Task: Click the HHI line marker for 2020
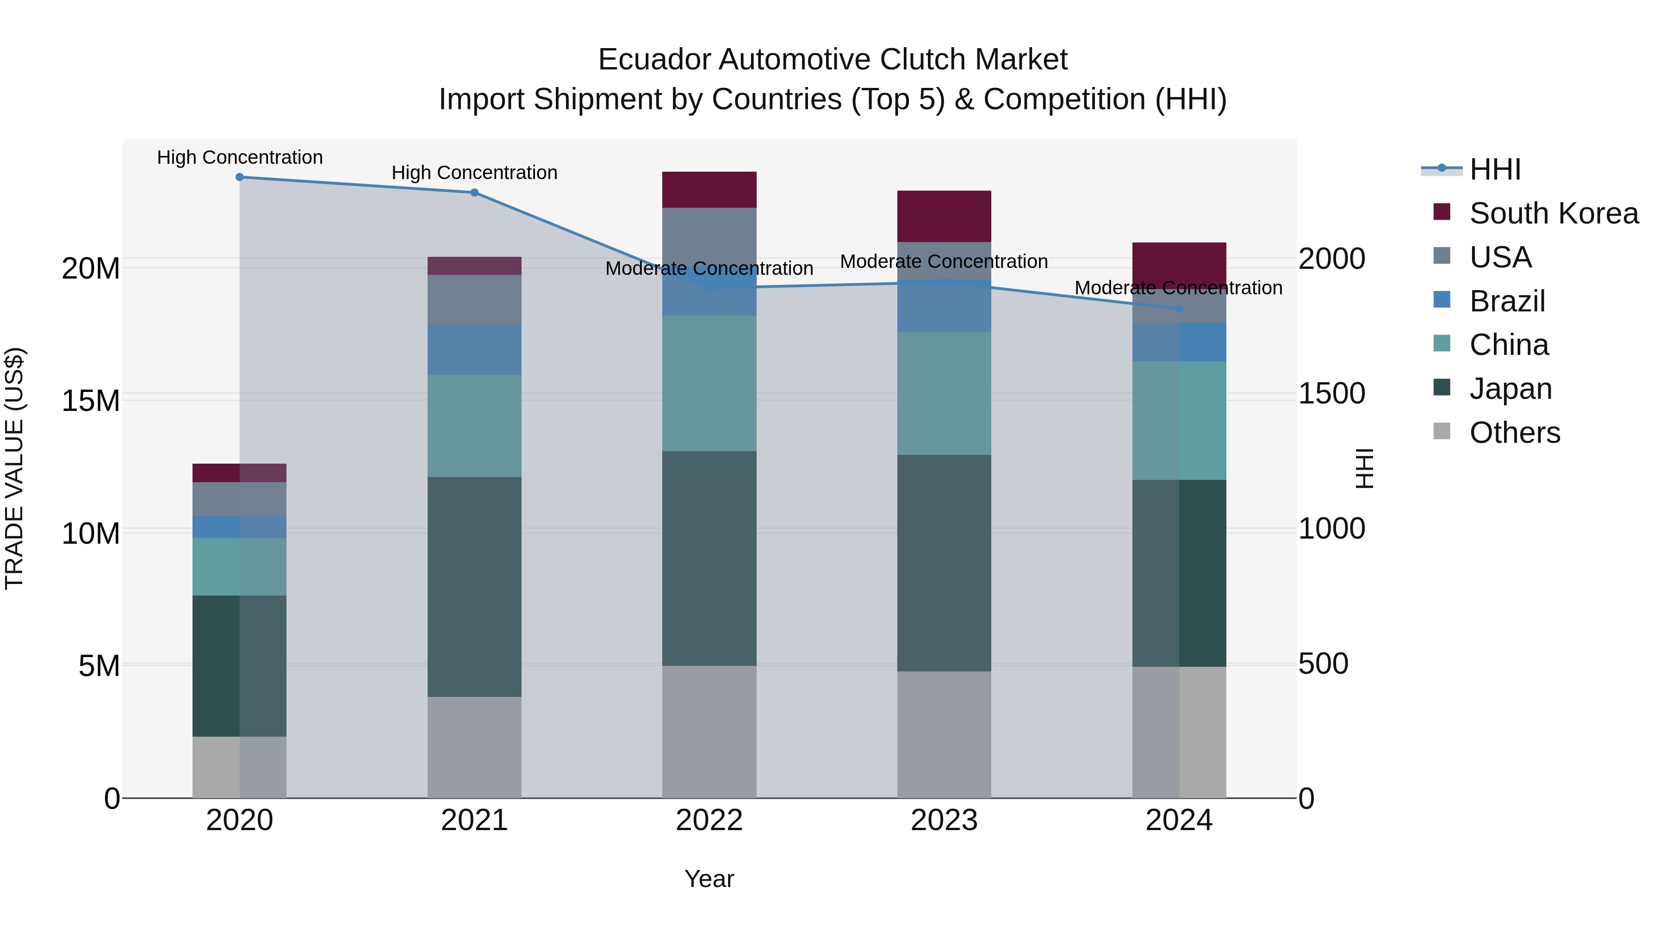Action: (239, 177)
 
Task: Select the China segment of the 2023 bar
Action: (944, 393)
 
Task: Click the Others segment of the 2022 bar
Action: (709, 732)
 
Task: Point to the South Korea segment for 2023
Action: (944, 216)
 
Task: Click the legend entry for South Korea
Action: (1554, 213)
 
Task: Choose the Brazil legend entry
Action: (1507, 301)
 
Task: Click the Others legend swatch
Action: (1442, 431)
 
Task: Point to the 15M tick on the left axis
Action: (91, 401)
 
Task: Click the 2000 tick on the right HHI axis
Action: (1331, 259)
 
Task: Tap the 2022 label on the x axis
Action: (709, 820)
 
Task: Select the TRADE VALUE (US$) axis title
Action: (14, 468)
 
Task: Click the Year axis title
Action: (709, 879)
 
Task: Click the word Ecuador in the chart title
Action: (654, 60)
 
